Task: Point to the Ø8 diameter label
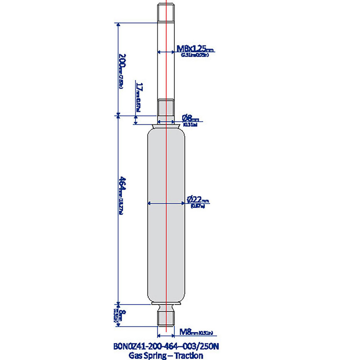coord(190,118)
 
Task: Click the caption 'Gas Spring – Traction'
coord(165,355)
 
